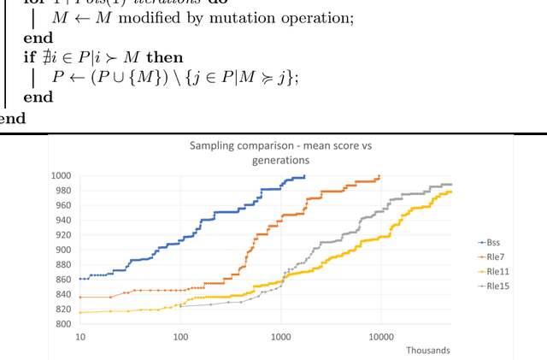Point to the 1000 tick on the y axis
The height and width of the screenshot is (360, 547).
[x=60, y=175]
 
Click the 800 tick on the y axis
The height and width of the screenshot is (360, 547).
[x=62, y=324]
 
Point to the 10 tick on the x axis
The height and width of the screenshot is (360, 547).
[x=79, y=337]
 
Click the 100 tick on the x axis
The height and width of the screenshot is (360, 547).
[x=180, y=337]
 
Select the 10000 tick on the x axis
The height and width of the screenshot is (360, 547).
[x=380, y=337]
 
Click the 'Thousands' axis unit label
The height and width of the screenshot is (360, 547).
[x=429, y=350]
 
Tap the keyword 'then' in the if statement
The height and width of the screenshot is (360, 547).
[x=165, y=57]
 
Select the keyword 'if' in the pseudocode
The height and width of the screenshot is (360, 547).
[x=29, y=57]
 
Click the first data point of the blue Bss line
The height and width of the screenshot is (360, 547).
[x=80, y=279]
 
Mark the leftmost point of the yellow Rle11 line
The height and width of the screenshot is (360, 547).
[x=80, y=312]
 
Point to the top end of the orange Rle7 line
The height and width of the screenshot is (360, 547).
[x=379, y=176]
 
